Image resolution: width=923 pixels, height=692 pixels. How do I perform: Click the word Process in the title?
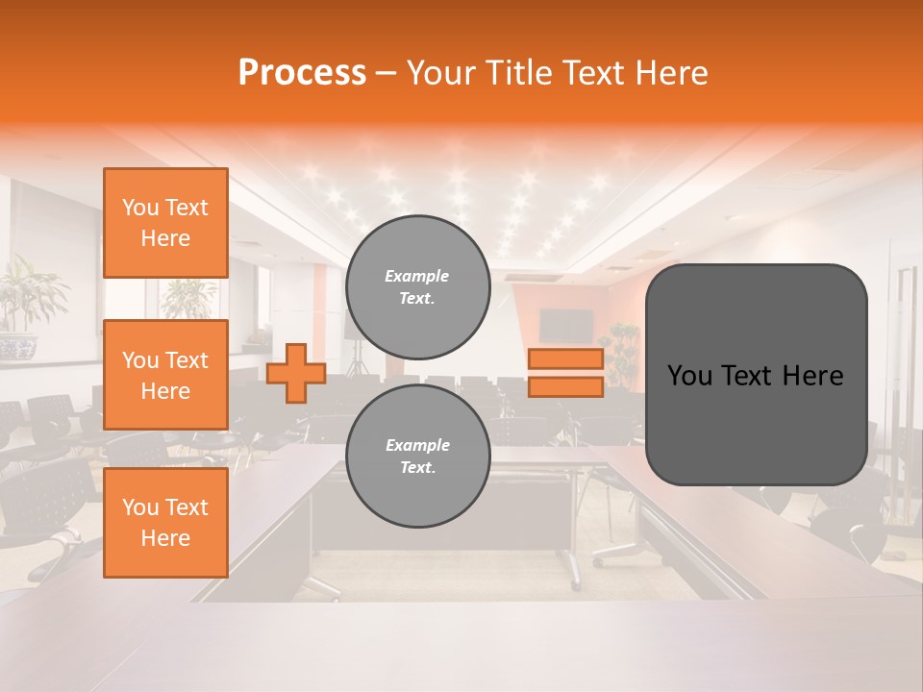pos(302,73)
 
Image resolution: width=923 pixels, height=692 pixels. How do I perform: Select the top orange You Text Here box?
pos(165,223)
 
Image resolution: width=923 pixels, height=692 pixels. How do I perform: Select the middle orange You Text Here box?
pos(165,375)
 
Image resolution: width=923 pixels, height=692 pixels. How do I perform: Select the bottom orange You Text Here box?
pos(165,522)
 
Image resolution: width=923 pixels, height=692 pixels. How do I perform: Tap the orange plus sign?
pos(296,373)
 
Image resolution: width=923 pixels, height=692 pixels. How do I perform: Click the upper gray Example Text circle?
pos(417,287)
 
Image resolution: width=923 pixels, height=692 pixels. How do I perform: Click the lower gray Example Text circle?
pos(417,457)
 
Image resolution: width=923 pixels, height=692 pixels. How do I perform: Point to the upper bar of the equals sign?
pos(565,358)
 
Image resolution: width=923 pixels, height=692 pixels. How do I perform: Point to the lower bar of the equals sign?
pos(565,386)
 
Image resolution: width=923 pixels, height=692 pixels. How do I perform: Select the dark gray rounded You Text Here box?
pos(756,375)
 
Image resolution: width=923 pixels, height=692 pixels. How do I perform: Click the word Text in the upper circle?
pos(417,298)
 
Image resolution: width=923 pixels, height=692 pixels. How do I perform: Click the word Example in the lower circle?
pos(417,445)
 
